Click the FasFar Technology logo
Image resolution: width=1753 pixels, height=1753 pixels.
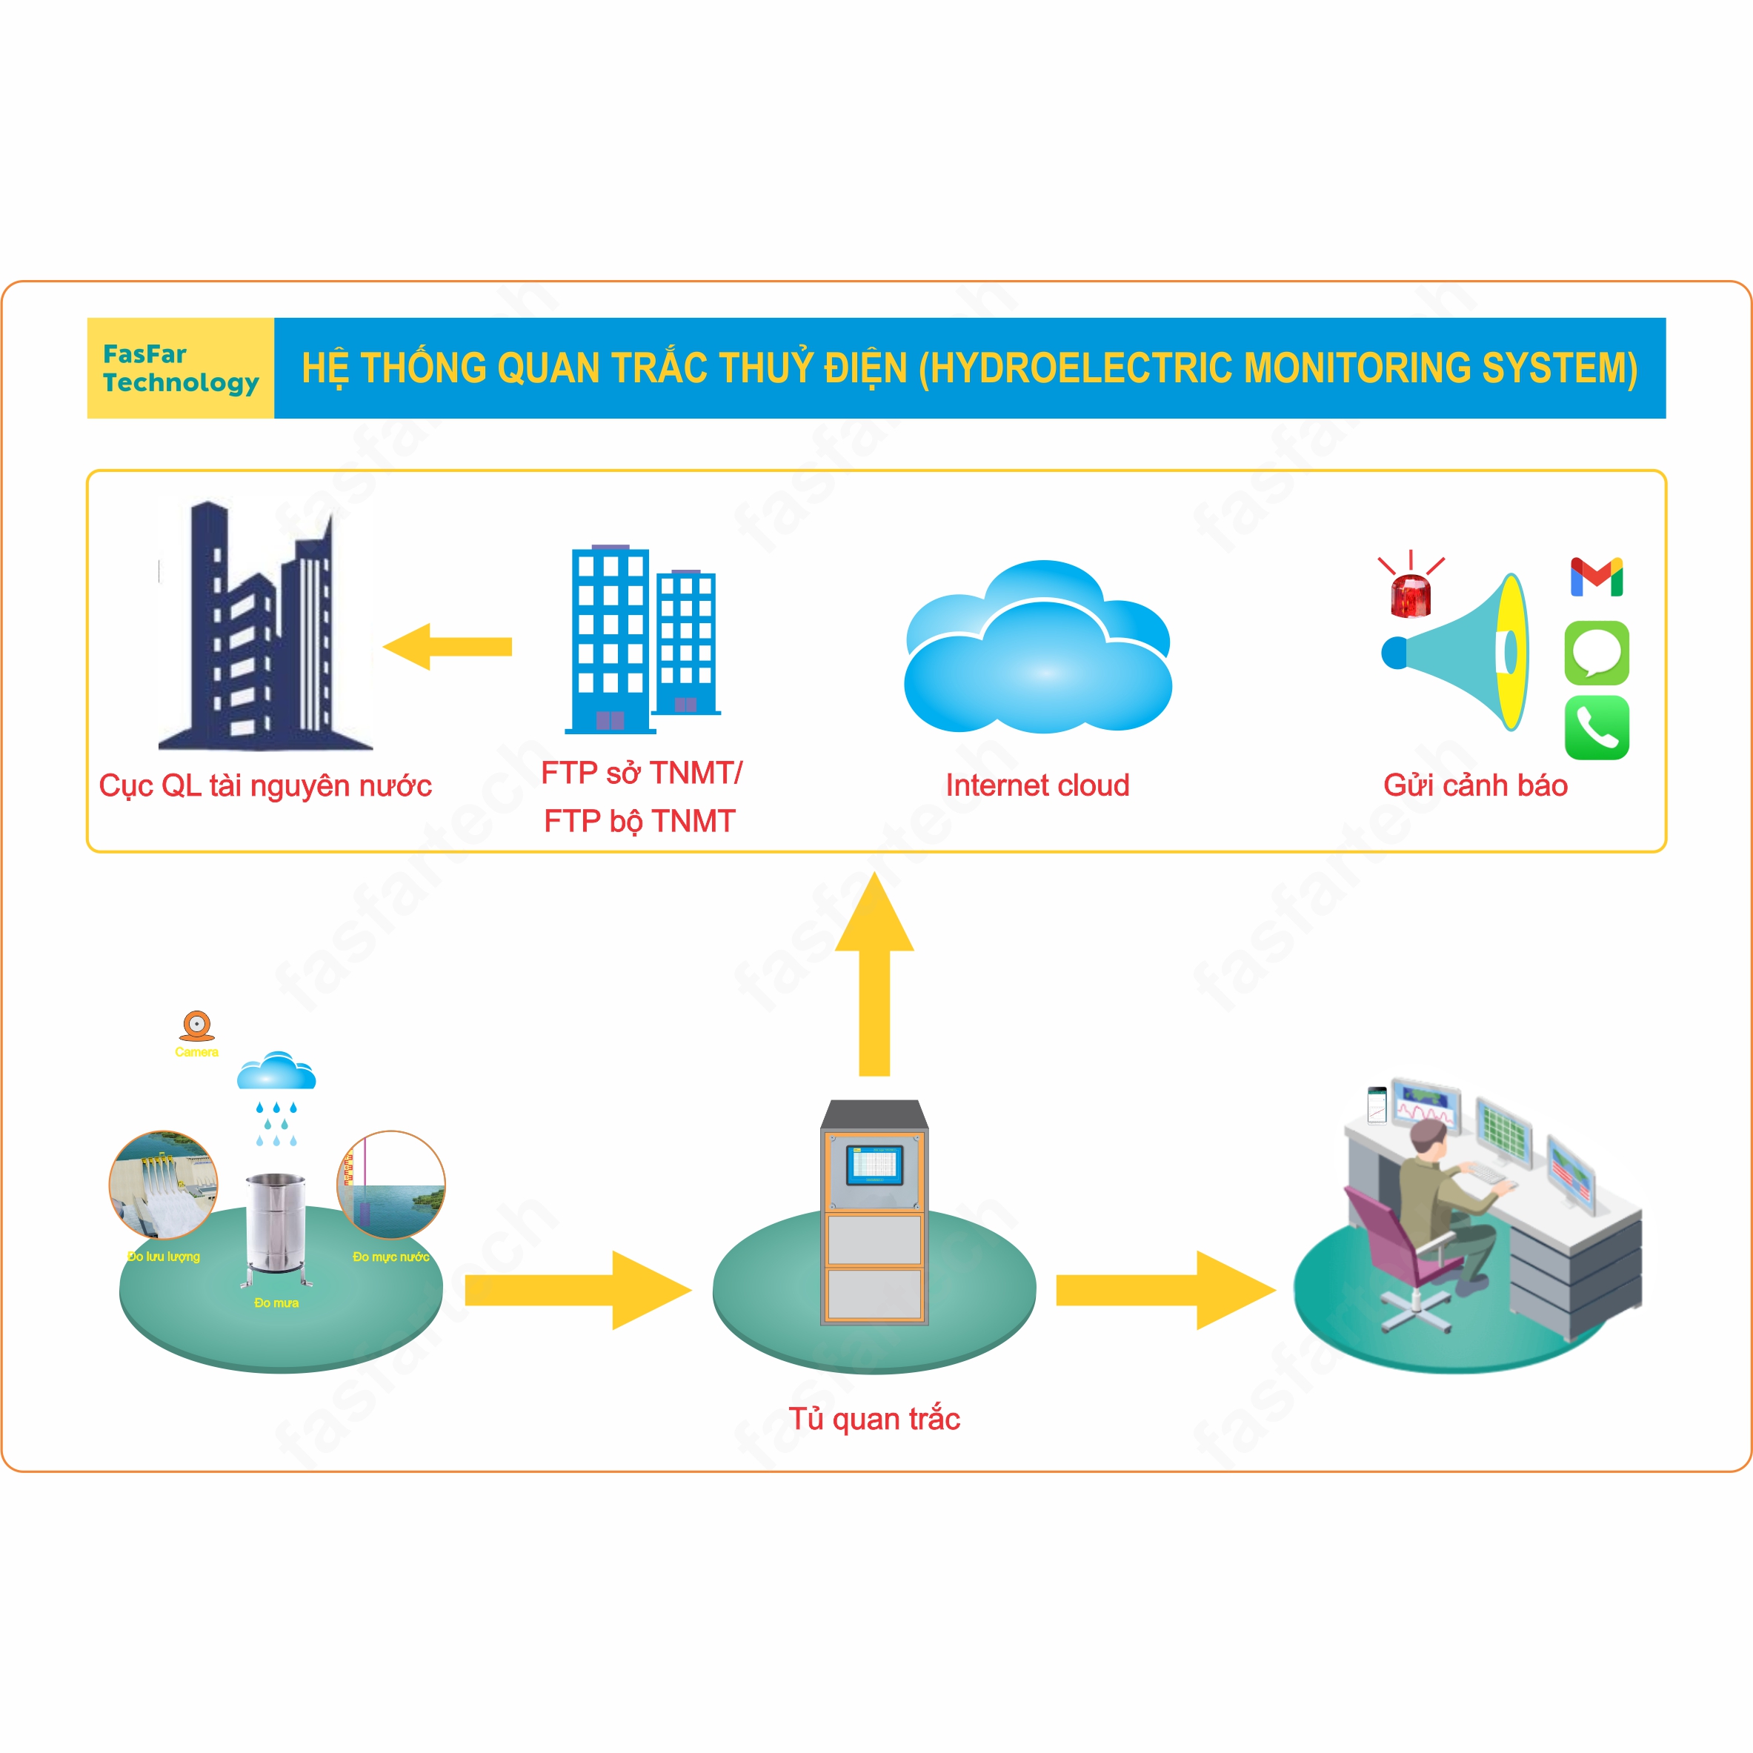click(181, 368)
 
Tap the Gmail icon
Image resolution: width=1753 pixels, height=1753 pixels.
click(1596, 577)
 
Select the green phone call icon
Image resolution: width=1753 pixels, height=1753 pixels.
click(1596, 727)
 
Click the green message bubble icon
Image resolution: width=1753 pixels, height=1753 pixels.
click(1596, 653)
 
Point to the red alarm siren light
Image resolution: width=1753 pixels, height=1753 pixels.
click(1410, 595)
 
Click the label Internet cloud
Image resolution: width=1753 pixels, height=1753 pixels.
click(1037, 785)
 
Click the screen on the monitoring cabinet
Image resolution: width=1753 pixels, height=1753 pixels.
click(874, 1164)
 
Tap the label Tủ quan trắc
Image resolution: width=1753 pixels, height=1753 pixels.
click(874, 1418)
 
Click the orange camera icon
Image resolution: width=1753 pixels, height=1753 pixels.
click(197, 1025)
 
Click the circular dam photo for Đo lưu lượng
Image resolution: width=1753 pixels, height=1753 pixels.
click(163, 1184)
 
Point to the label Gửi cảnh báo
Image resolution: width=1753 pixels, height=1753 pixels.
click(1475, 785)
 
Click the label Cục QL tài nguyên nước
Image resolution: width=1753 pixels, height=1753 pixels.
click(265, 785)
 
